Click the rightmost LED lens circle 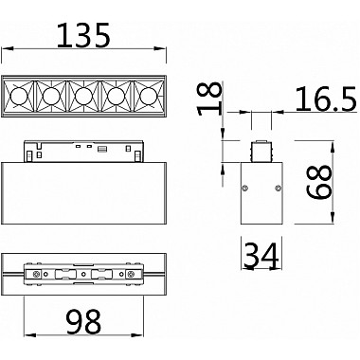147,95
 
